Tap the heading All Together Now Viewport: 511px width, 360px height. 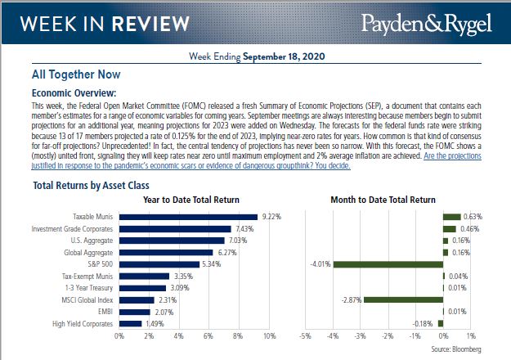(x=72, y=74)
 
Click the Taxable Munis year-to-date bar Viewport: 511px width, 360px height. (x=187, y=217)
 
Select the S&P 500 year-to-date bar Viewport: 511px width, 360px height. (x=159, y=264)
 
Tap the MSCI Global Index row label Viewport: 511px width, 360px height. (x=88, y=300)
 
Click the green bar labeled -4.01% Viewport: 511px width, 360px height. (x=388, y=264)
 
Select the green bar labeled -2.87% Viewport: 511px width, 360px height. (x=403, y=300)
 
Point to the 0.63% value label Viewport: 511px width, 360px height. (x=473, y=217)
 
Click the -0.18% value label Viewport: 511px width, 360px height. (x=422, y=324)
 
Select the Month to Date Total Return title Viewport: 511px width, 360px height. (x=382, y=200)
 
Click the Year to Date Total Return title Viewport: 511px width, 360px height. (x=191, y=200)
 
